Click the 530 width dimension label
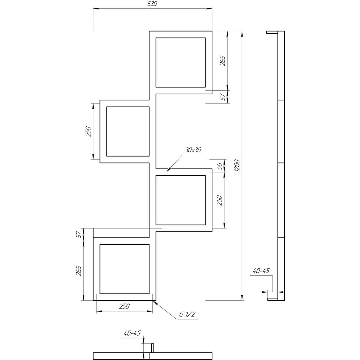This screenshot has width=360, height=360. tap(152, 4)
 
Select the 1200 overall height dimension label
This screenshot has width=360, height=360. tap(237, 166)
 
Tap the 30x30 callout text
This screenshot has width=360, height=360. tap(193, 150)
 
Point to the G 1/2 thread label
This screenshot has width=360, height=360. tap(187, 314)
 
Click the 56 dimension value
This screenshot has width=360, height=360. tap(220, 166)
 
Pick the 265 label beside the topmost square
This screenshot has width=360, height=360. tap(223, 61)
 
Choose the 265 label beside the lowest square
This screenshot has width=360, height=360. tap(78, 271)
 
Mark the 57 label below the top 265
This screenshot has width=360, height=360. tap(223, 97)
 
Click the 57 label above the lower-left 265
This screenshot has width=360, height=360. tap(78, 234)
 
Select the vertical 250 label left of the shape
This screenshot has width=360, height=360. tap(88, 131)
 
